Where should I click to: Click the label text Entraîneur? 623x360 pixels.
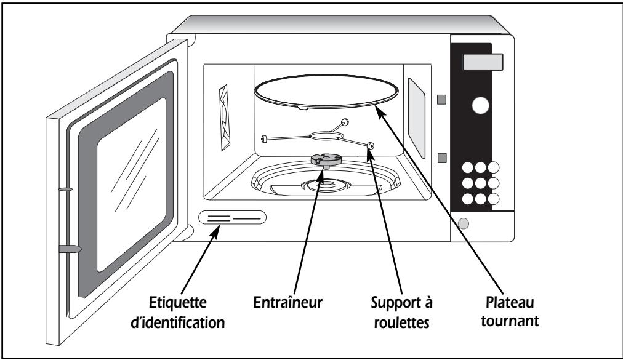coord(287,302)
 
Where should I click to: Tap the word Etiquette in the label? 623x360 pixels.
coord(177,302)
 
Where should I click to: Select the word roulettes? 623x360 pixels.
coord(401,322)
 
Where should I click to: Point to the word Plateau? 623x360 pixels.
coord(510,302)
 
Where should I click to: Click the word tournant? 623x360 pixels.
coord(510,321)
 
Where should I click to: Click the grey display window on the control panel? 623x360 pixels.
coord(483,62)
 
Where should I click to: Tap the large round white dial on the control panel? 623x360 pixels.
coord(480,105)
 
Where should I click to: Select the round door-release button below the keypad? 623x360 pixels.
coord(464,223)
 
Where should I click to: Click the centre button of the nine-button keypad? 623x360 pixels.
coord(480,183)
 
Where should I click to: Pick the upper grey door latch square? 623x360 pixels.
coord(441,99)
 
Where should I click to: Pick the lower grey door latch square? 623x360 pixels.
coord(441,158)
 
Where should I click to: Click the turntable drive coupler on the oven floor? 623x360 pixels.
coord(326,160)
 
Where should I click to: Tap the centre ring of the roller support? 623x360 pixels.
coord(325,136)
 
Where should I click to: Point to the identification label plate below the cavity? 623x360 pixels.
coord(233,218)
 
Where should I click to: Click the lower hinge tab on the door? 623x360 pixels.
coord(70,249)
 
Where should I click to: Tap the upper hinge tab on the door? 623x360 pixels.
coord(65,189)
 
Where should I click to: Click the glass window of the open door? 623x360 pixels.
coord(132,185)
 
